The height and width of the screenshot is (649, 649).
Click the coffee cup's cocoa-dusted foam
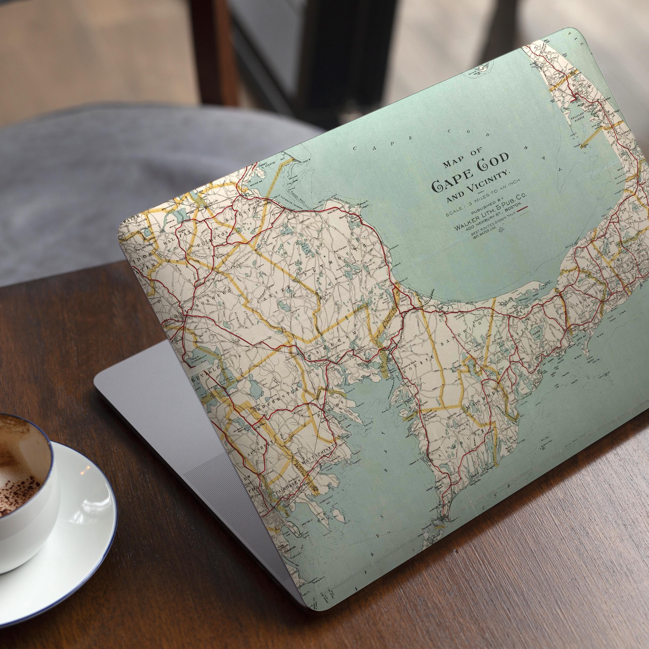(x=13, y=460)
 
